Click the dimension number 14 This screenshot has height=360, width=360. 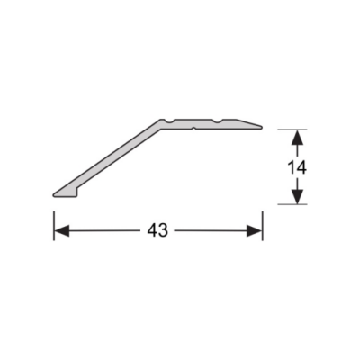coord(296,166)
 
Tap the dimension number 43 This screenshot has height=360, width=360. coord(158,230)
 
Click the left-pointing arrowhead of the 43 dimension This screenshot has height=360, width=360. coord(60,230)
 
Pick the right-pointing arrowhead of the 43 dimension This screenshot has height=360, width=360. coord(256,230)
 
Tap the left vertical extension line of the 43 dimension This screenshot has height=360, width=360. coord(54,223)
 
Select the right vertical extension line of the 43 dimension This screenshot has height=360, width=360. coord(262,223)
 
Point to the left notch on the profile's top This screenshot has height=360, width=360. coord(168,119)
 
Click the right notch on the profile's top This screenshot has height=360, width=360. coord(217,119)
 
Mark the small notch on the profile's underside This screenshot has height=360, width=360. coord(193,127)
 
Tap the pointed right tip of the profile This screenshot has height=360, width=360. coord(264,124)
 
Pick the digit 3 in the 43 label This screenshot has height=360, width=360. coord(165,230)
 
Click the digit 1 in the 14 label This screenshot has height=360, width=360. coord(290,166)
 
